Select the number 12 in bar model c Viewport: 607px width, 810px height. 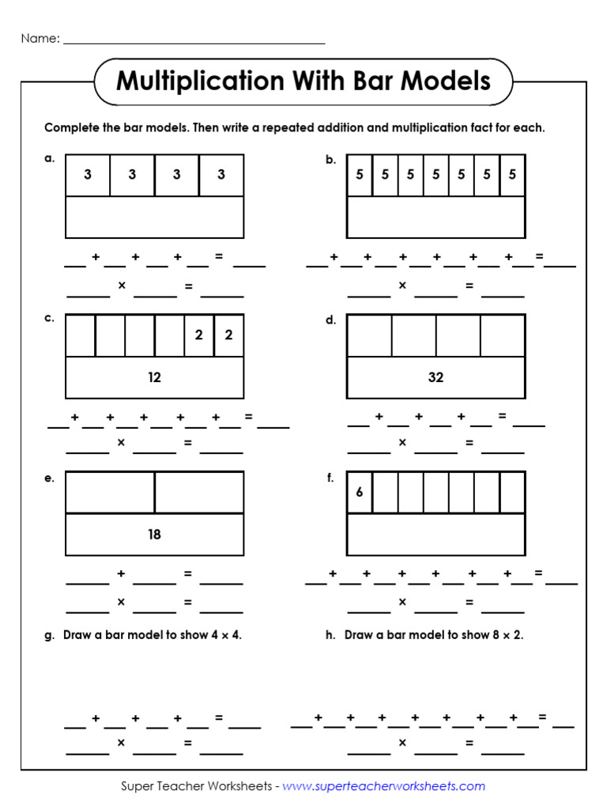(x=154, y=377)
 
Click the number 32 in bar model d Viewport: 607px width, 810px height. (x=435, y=377)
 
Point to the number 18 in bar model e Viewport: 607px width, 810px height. (x=154, y=534)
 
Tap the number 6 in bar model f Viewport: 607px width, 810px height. (x=359, y=492)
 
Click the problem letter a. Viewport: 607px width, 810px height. (x=49, y=158)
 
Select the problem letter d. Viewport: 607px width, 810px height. (x=330, y=320)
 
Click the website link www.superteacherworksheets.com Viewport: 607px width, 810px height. (x=383, y=785)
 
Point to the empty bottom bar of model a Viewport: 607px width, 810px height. (x=154, y=217)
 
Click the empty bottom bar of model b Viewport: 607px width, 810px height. (x=435, y=217)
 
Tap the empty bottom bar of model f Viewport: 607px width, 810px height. (x=435, y=534)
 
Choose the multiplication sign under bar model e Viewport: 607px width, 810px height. (x=121, y=602)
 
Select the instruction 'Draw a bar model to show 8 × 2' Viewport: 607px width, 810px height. (x=433, y=634)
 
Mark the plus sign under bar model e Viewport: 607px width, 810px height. (x=121, y=573)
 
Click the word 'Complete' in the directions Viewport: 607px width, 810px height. (x=72, y=127)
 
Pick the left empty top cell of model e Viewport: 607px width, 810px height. (x=110, y=492)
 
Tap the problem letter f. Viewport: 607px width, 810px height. (x=330, y=477)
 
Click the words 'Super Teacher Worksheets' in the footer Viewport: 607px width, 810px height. (x=197, y=785)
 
